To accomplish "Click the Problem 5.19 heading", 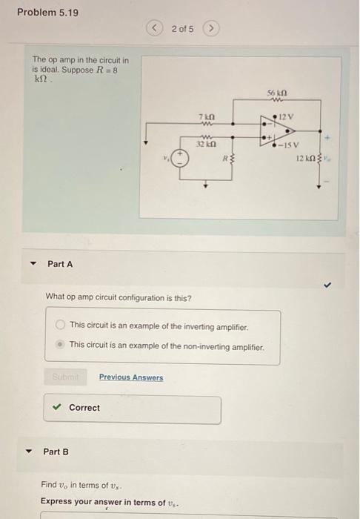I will click(47, 13).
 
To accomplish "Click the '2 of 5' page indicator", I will click(181, 29).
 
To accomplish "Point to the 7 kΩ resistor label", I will click(207, 118).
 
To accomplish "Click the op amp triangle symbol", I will click(268, 131).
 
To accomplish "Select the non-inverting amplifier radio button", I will click(60, 345).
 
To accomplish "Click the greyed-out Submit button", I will click(67, 377).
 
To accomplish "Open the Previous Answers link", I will click(131, 377).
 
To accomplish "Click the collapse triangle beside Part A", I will click(33, 265).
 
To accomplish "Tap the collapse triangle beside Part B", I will click(30, 452).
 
